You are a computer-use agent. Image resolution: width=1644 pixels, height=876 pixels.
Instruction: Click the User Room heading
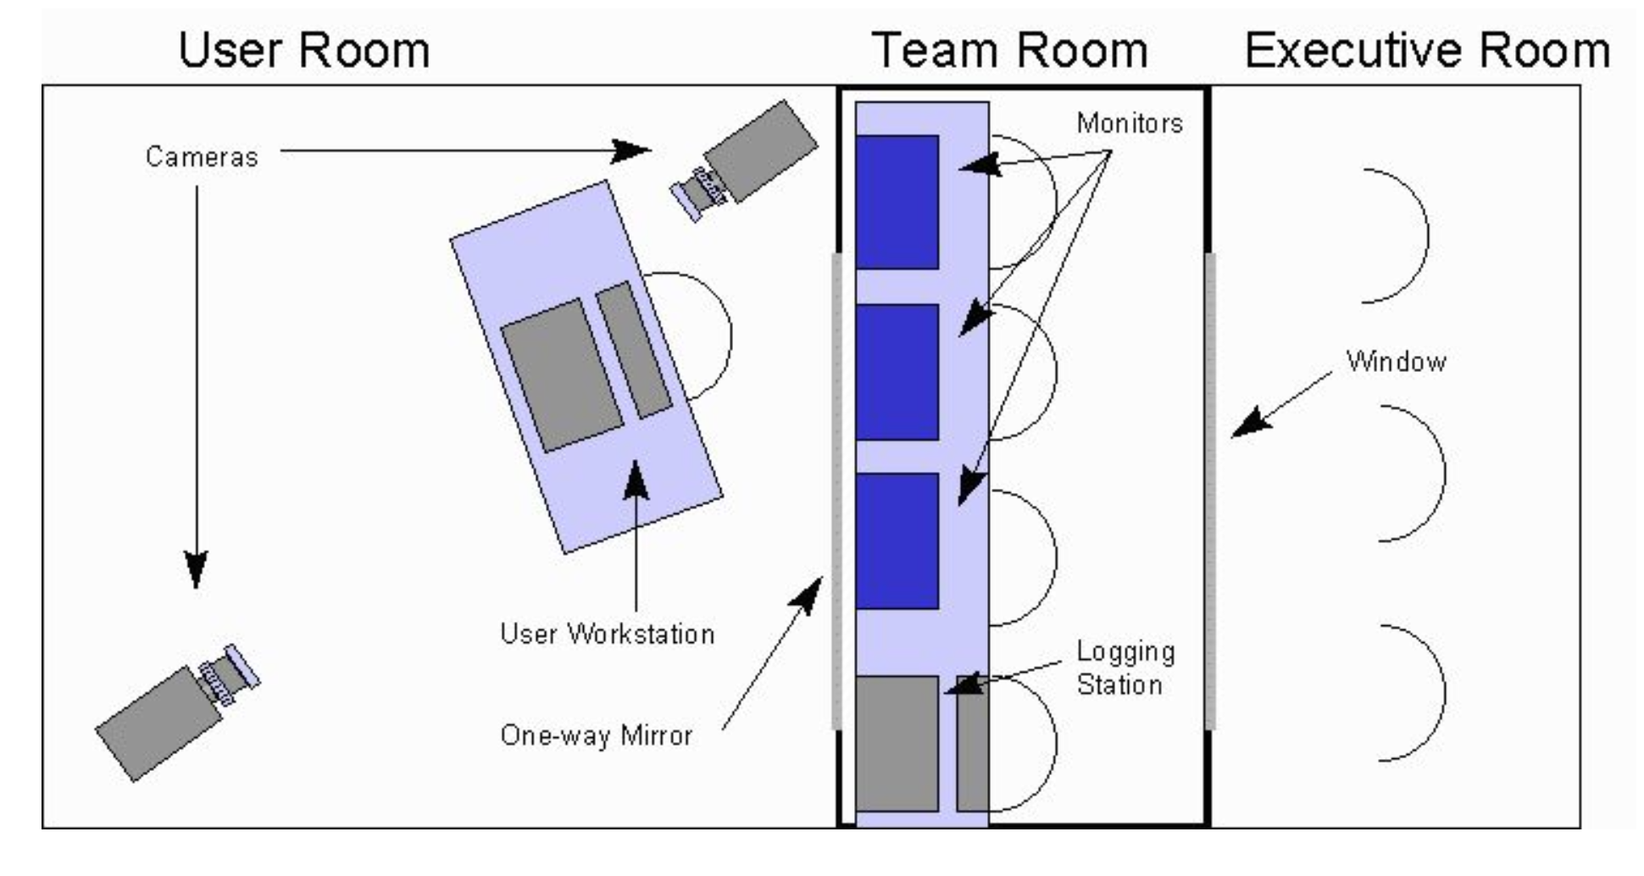pyautogui.click(x=304, y=50)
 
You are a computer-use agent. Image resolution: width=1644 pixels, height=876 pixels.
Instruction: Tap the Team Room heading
pyautogui.click(x=1009, y=50)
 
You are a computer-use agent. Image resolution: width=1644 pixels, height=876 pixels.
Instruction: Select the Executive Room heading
pyautogui.click(x=1427, y=50)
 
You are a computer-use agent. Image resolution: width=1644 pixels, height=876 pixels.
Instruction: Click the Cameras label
pyautogui.click(x=202, y=157)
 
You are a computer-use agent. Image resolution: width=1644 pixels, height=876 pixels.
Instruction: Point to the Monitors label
pyautogui.click(x=1130, y=124)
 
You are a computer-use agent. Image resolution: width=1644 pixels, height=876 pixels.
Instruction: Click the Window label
pyautogui.click(x=1396, y=362)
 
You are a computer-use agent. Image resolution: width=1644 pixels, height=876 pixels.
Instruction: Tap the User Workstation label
pyautogui.click(x=607, y=634)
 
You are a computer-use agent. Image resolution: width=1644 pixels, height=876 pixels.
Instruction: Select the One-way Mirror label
pyautogui.click(x=596, y=735)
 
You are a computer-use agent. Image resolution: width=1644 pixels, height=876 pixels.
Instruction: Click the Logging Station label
pyautogui.click(x=1125, y=668)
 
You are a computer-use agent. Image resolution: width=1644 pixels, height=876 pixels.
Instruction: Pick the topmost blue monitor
pyautogui.click(x=897, y=202)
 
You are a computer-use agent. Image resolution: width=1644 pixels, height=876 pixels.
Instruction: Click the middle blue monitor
pyautogui.click(x=897, y=372)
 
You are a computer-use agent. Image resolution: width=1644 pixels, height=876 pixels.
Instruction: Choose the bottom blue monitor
pyautogui.click(x=897, y=541)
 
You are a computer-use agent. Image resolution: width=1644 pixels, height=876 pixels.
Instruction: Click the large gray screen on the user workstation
pyautogui.click(x=562, y=374)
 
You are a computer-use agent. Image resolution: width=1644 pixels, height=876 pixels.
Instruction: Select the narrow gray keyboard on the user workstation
pyautogui.click(x=634, y=350)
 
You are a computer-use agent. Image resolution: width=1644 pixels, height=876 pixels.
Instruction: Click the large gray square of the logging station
pyautogui.click(x=897, y=743)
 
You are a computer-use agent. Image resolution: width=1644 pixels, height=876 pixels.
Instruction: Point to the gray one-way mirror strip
pyautogui.click(x=837, y=491)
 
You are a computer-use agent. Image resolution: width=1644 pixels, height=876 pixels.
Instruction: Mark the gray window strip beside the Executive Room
pyautogui.click(x=1210, y=491)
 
